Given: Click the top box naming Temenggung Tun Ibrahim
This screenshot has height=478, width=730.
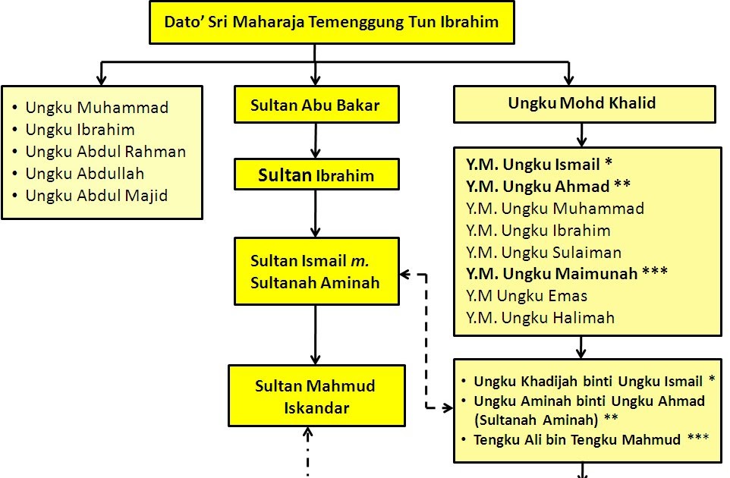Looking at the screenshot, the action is click(x=332, y=22).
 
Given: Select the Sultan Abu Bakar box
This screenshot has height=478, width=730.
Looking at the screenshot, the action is click(x=315, y=105).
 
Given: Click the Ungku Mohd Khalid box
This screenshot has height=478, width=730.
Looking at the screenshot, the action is click(x=583, y=104).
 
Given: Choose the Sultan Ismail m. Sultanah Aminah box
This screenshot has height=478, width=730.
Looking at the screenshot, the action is click(x=316, y=272).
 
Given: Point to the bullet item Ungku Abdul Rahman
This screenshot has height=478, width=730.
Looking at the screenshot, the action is click(x=105, y=152).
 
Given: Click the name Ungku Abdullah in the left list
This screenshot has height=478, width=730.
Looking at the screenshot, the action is click(x=84, y=174).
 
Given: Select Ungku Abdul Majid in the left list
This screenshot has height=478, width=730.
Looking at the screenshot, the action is click(x=96, y=196).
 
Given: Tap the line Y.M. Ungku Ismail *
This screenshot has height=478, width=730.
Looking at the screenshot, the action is click(x=539, y=165).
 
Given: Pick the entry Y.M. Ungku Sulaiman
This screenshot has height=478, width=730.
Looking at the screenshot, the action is click(x=544, y=253).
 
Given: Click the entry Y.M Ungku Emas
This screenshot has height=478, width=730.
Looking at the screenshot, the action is click(x=527, y=296).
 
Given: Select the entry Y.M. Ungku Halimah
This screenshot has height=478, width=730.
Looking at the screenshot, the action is click(x=540, y=318).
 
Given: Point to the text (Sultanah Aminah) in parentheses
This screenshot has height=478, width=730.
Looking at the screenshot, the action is click(x=535, y=420).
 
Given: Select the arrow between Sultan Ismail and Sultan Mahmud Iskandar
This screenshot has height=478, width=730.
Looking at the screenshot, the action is click(x=316, y=335).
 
